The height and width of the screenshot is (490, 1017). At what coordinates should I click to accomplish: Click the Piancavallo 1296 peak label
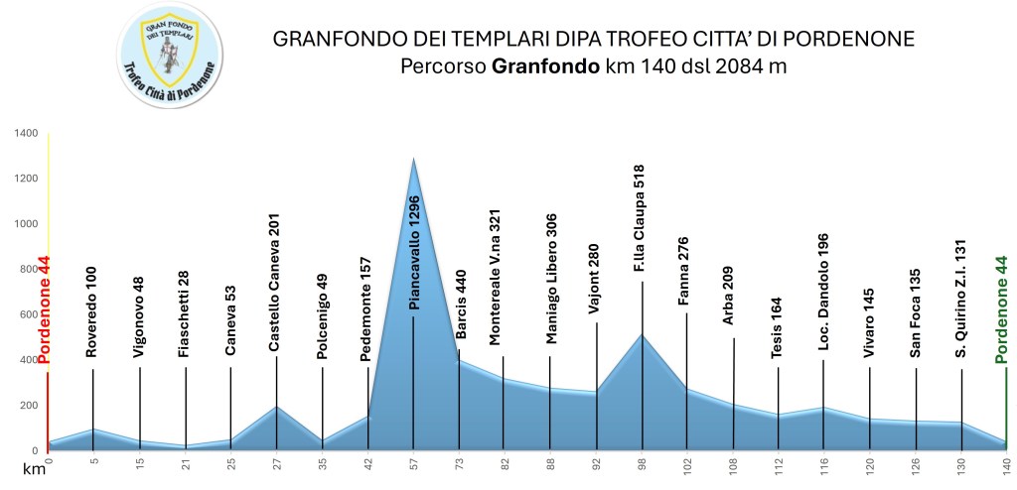click(415, 252)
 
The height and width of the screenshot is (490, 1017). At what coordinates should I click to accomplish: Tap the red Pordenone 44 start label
click(44, 306)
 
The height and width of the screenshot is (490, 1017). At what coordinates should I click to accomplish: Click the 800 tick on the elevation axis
click(27, 269)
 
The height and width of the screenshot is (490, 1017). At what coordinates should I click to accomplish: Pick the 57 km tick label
click(414, 464)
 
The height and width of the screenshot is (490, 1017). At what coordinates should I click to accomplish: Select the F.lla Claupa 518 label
click(640, 219)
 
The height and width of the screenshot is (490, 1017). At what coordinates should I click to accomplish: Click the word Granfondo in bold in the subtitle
click(545, 67)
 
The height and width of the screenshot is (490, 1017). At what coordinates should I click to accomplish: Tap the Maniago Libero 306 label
click(552, 280)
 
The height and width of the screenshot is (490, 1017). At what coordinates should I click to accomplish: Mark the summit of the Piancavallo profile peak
click(413, 159)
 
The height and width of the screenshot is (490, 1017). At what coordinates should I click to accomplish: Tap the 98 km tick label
click(642, 464)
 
